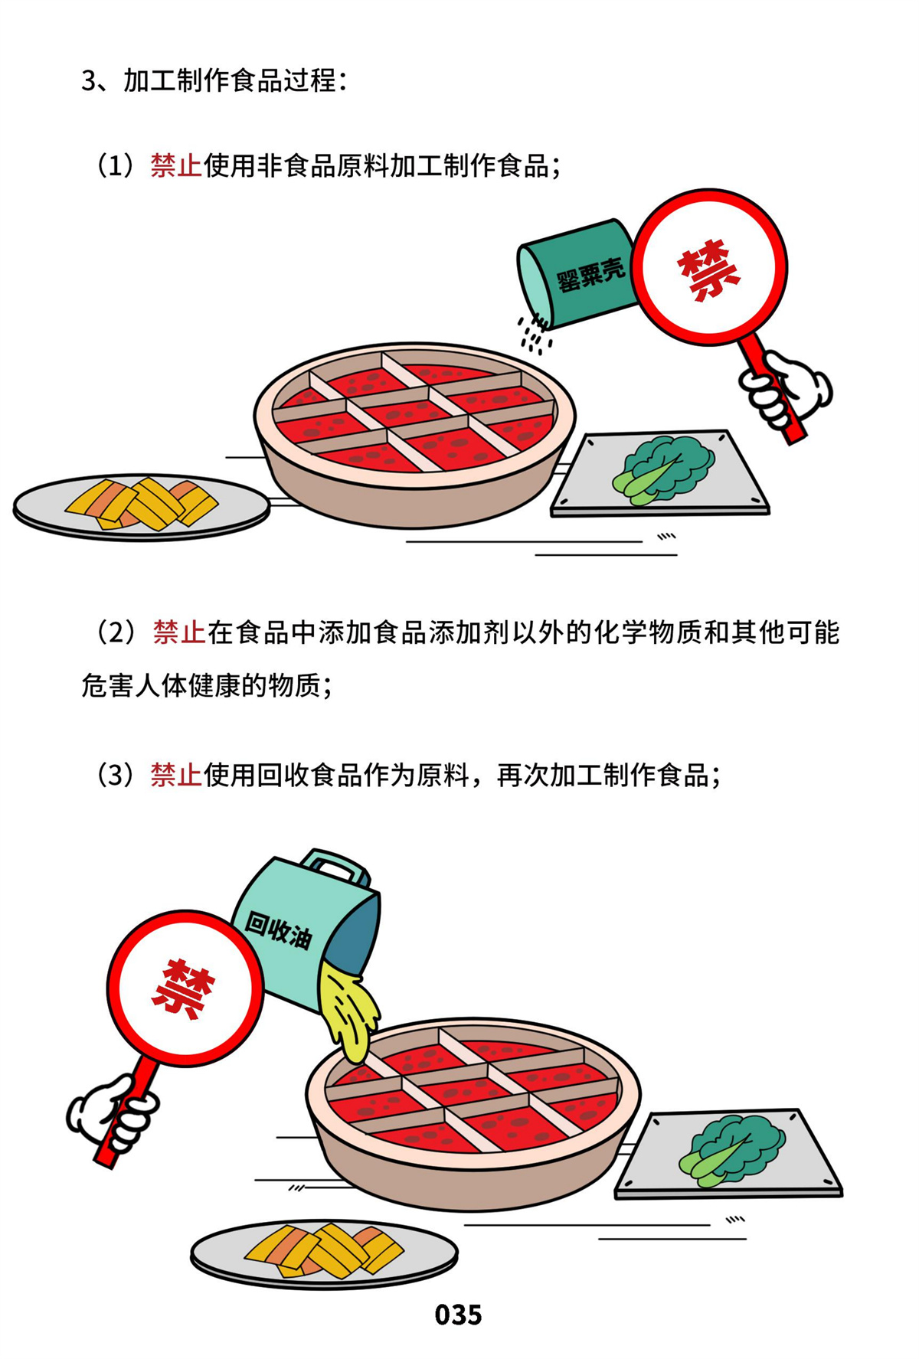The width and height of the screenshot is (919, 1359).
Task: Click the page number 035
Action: pos(458,1315)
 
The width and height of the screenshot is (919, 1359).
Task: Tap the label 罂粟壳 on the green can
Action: pos(590,275)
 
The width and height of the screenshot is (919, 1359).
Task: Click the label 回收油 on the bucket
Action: pos(279,929)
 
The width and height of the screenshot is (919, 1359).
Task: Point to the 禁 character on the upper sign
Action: pos(708,270)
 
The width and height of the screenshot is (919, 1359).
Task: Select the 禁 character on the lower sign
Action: pos(184,988)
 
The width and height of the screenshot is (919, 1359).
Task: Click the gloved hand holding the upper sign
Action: pos(785,389)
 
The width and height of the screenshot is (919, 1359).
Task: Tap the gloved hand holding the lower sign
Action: pos(113,1112)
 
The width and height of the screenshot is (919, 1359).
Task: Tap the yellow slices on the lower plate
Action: pos(325,1250)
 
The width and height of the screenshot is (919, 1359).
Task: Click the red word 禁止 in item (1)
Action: pos(176,165)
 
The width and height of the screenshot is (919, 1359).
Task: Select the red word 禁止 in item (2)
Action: pos(178,632)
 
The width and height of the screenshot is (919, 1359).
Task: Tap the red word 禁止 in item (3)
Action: pos(176,775)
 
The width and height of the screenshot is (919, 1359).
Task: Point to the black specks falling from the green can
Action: pos(535,335)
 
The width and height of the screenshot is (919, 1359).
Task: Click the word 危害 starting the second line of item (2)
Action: pos(108,685)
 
